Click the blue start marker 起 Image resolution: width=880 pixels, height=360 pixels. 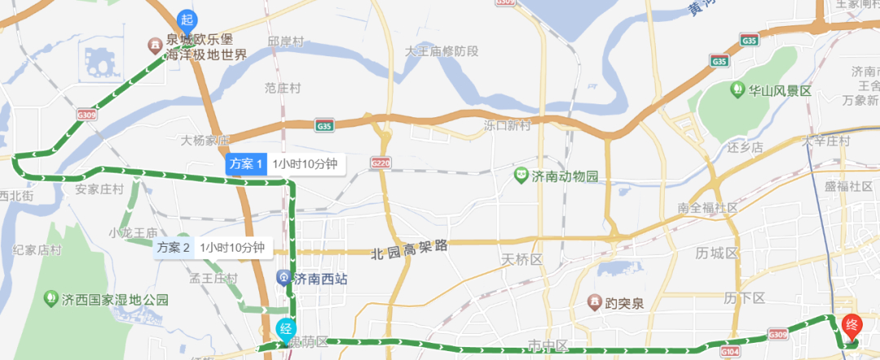pyautogui.click(x=187, y=20)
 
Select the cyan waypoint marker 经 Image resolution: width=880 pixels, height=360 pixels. pyautogui.click(x=285, y=330)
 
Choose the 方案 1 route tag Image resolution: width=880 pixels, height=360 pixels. pyautogui.click(x=246, y=164)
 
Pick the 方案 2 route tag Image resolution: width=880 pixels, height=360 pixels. pyautogui.click(x=174, y=248)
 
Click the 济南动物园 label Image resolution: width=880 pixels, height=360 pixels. pyautogui.click(x=565, y=176)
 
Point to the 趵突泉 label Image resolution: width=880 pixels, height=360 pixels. pyautogui.click(x=624, y=303)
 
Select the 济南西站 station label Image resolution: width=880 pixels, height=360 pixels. pyautogui.click(x=319, y=279)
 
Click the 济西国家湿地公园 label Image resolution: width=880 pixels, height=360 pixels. pyautogui.click(x=115, y=300)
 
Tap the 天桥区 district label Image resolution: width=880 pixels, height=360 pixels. pyautogui.click(x=522, y=259)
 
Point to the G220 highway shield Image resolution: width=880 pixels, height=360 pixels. pyautogui.click(x=380, y=163)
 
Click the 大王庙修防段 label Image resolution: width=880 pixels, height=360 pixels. pyautogui.click(x=442, y=51)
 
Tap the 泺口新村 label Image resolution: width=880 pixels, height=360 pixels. pyautogui.click(x=507, y=125)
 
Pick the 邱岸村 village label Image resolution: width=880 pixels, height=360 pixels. pyautogui.click(x=285, y=41)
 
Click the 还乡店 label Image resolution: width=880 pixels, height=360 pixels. pyautogui.click(x=743, y=147)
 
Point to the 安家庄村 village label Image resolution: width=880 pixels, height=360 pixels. pyautogui.click(x=99, y=189)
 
